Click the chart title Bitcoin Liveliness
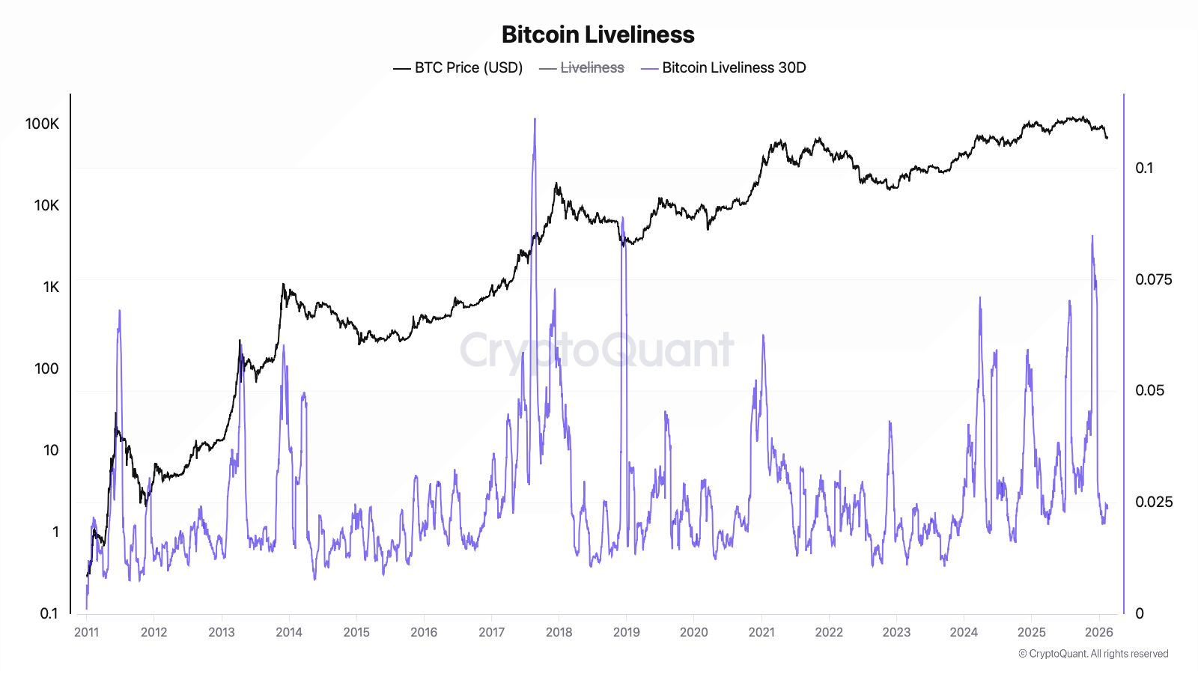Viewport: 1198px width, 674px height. [598, 34]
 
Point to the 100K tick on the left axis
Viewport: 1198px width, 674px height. [42, 124]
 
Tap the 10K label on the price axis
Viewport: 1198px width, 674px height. [46, 206]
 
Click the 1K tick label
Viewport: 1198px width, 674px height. [50, 288]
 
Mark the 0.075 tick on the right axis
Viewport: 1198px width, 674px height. [1153, 280]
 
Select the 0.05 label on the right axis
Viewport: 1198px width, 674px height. [1149, 391]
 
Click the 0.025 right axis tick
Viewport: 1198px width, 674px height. [1153, 502]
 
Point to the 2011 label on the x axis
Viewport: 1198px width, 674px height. [86, 632]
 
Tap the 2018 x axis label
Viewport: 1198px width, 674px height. [559, 632]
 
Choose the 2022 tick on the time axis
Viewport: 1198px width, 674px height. [829, 632]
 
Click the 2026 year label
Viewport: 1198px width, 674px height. [1098, 632]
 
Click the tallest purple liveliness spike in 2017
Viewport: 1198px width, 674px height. [535, 120]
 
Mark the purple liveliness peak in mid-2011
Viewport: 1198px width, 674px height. [119, 312]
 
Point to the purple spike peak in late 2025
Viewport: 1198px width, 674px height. [1092, 237]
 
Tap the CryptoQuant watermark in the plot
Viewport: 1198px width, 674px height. [597, 350]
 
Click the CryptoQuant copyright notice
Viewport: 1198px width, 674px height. [1093, 654]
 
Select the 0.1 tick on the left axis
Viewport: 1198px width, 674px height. [49, 614]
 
